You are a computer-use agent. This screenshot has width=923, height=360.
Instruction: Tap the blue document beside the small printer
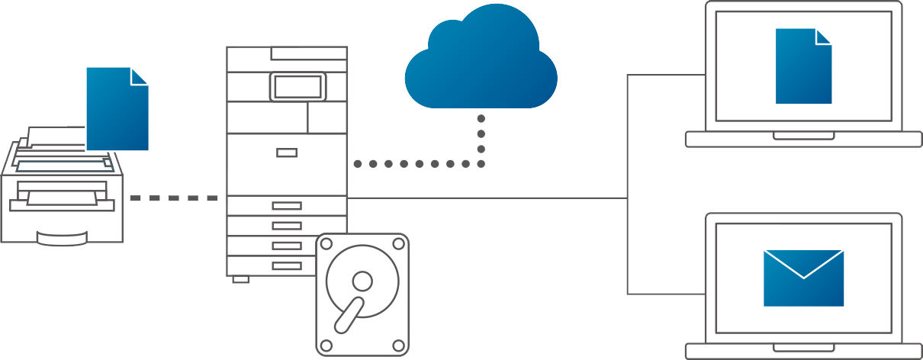click(x=116, y=111)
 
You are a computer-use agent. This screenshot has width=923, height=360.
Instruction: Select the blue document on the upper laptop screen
click(x=802, y=69)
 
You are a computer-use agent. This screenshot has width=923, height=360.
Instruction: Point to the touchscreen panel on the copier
click(x=297, y=87)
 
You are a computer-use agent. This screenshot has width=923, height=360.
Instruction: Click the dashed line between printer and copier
click(x=174, y=198)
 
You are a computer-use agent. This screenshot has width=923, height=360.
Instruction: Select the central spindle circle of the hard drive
click(x=362, y=282)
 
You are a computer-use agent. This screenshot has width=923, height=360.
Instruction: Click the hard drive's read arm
click(x=348, y=315)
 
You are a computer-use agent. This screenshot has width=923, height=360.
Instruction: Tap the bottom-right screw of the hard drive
click(x=397, y=346)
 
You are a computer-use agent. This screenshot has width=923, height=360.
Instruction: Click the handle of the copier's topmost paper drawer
click(x=287, y=205)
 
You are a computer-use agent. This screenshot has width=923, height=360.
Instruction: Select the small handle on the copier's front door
click(x=287, y=153)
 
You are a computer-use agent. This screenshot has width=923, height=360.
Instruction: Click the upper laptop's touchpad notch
click(x=803, y=136)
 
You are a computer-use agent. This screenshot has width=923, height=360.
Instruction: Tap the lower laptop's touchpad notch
click(x=803, y=348)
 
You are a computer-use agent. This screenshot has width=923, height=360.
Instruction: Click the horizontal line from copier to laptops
click(x=488, y=198)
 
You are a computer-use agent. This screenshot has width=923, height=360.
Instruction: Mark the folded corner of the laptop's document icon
click(x=823, y=37)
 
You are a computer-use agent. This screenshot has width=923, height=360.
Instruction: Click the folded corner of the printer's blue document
click(x=140, y=76)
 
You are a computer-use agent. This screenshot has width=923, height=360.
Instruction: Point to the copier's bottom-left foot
click(x=240, y=279)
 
